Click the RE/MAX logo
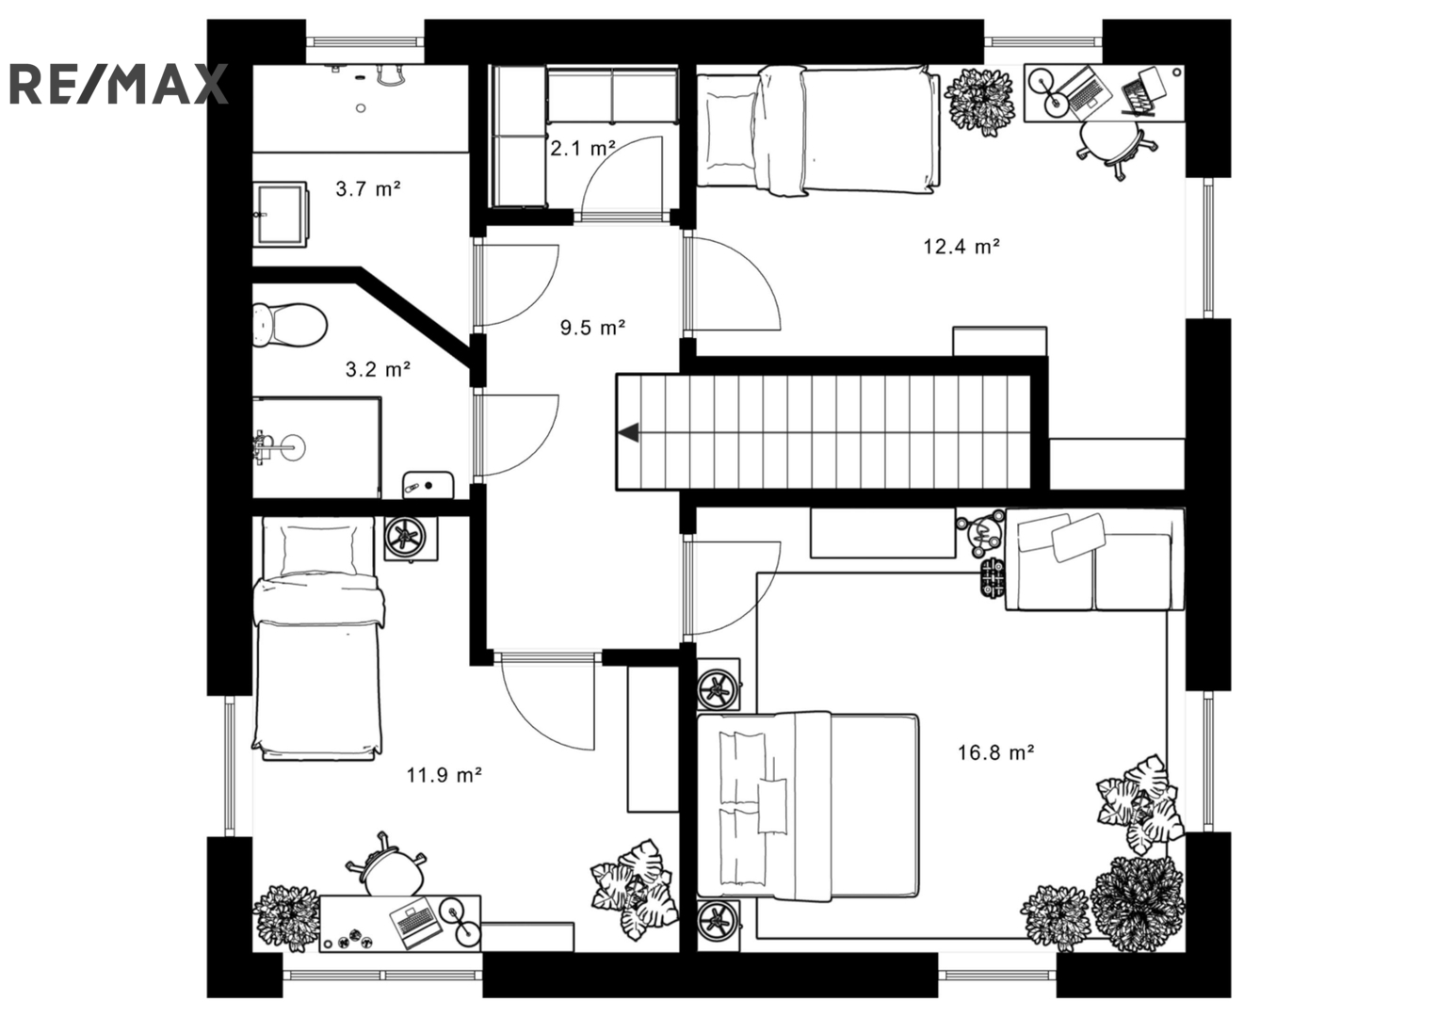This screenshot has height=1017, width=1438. coord(118,84)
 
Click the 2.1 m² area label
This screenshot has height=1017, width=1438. coord(583,149)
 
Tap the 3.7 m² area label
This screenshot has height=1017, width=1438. coord(368,188)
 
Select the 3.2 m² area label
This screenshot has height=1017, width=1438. coord(379,369)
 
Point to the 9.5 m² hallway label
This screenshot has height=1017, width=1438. coord(592,328)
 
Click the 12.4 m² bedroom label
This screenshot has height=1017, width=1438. coord(961,246)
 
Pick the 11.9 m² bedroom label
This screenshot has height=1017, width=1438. coord(444,775)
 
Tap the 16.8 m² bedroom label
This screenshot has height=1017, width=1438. coord(996,751)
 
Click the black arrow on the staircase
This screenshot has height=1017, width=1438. coord(628,433)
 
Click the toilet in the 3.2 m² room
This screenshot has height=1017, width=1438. coord(289,325)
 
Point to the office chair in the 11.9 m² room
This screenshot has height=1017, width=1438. coord(387,864)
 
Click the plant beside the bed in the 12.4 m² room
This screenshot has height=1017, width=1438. coord(979,101)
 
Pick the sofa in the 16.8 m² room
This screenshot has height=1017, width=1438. coord(1094,559)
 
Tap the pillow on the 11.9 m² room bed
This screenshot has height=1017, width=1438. coord(318,550)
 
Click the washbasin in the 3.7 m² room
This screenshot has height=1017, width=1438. coord(281,214)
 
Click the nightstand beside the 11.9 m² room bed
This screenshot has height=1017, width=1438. coord(412,539)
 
